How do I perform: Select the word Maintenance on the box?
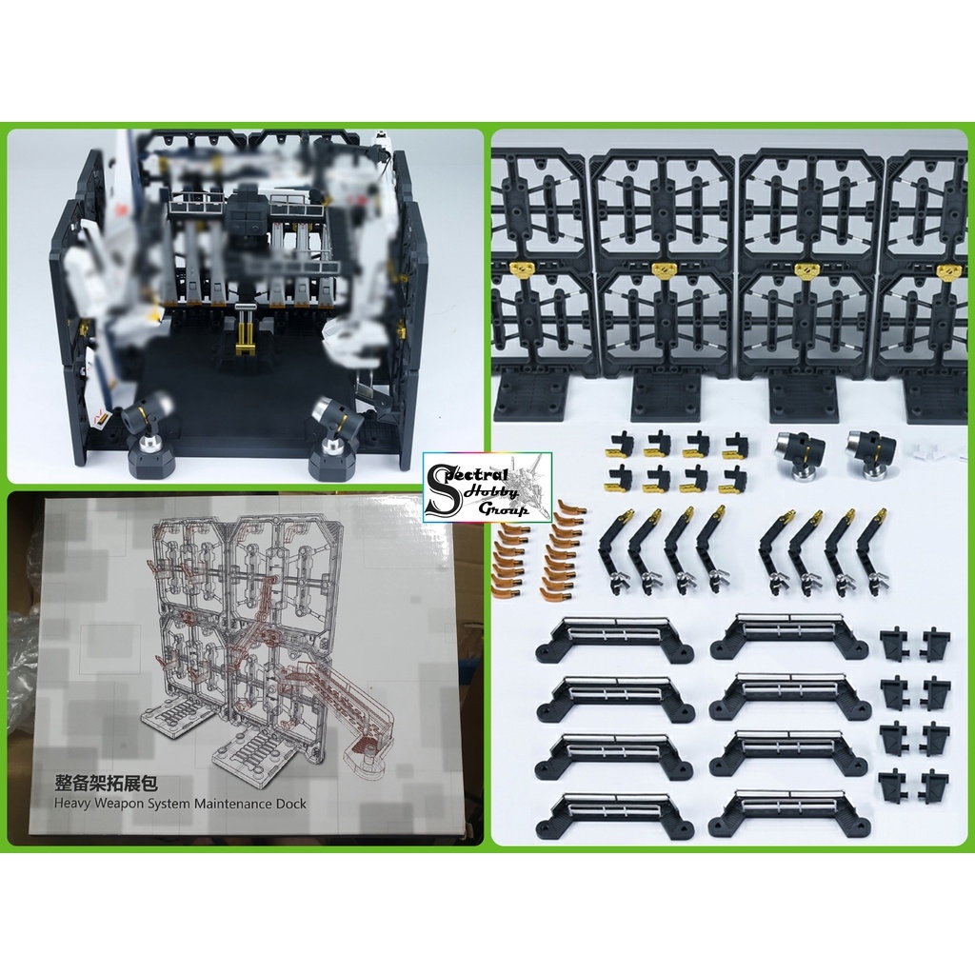pos(225,804)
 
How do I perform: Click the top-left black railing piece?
pos(614,637)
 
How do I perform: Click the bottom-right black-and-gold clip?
pos(732,479)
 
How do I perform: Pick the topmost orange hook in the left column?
pos(517,509)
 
